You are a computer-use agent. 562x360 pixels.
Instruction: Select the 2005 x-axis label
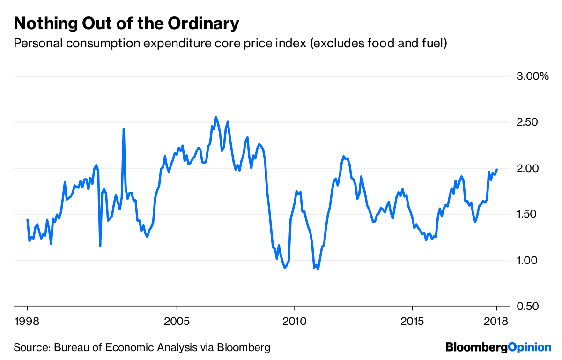click(x=177, y=322)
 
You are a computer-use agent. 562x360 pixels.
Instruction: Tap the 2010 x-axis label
click(x=295, y=322)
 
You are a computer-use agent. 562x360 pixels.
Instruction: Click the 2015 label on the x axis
click(x=412, y=322)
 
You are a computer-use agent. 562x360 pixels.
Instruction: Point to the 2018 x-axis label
click(x=496, y=322)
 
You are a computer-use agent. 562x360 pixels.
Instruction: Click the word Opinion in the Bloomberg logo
click(x=530, y=347)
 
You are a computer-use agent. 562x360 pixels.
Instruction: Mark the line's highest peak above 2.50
click(x=216, y=117)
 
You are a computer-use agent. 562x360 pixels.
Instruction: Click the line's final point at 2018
click(x=497, y=170)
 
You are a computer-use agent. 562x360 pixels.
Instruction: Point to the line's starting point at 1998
click(x=28, y=219)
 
